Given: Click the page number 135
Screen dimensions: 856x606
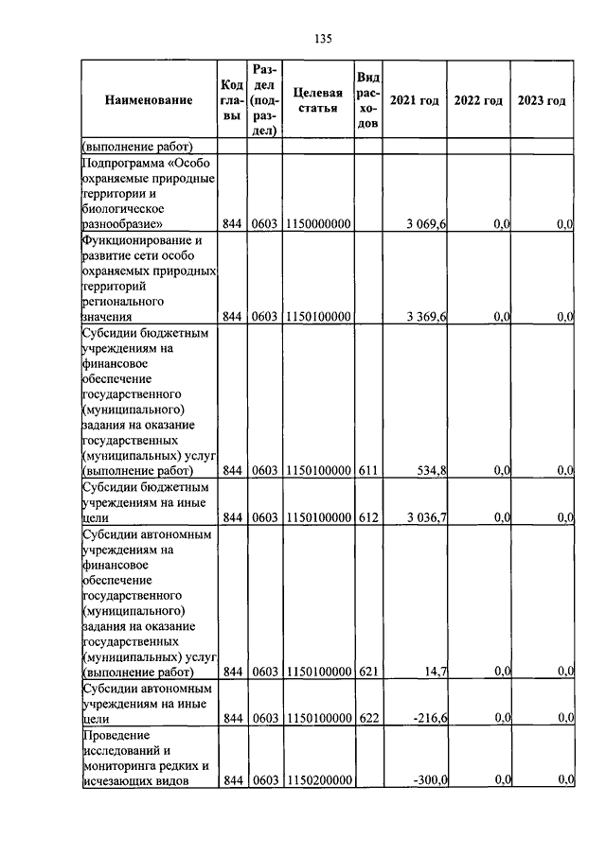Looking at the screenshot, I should [321, 39].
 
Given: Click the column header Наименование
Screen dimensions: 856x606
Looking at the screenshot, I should [149, 99].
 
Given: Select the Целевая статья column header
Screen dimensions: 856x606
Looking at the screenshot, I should [317, 99].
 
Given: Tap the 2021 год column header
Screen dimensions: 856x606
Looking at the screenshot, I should [415, 100].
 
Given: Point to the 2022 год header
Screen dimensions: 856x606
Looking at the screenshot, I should [478, 100].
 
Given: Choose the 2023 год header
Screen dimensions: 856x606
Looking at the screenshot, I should [542, 100].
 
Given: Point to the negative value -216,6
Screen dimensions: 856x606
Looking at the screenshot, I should [430, 717].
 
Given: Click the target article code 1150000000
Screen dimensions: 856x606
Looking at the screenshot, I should [317, 223].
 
